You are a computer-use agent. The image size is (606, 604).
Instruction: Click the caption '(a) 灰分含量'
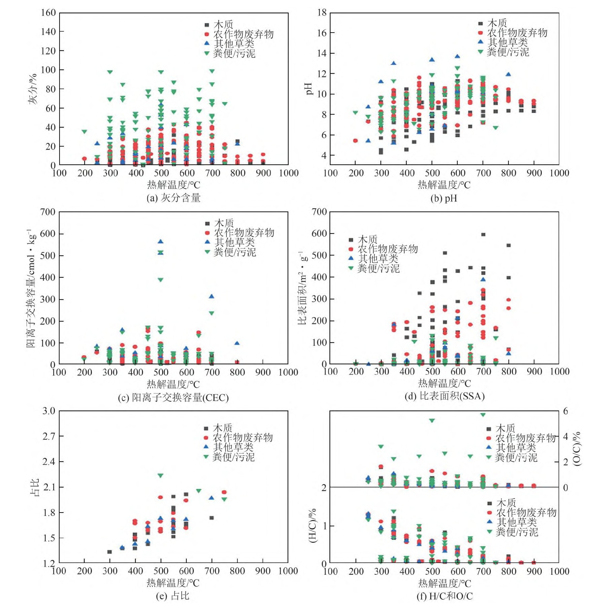(173, 198)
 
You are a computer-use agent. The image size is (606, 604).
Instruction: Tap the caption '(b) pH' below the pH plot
(444, 198)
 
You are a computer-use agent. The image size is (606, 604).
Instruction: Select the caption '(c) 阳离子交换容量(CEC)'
(173, 398)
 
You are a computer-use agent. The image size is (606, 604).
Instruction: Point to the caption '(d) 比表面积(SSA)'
(444, 396)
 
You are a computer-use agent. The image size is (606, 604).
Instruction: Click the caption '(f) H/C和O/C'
(444, 596)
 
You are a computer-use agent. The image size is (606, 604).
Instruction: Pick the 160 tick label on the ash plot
(48, 13)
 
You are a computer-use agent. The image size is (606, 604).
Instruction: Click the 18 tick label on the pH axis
(322, 13)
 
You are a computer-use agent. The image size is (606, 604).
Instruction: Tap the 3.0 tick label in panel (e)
(49, 411)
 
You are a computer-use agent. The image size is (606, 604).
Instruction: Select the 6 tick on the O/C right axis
(566, 411)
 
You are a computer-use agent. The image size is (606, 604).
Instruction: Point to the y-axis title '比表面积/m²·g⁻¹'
(302, 288)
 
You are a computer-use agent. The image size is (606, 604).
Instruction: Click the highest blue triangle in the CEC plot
(161, 241)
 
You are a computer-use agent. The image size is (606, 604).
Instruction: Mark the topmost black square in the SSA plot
(483, 234)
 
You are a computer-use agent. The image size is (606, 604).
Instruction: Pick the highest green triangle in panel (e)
(161, 476)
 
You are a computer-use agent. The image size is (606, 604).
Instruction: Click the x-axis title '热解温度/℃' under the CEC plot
(173, 384)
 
